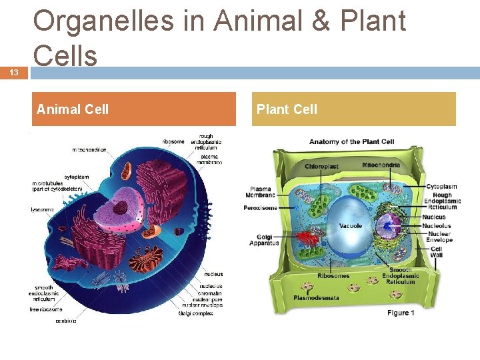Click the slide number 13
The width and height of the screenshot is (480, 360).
click(14, 73)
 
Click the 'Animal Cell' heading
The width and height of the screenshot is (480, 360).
click(73, 109)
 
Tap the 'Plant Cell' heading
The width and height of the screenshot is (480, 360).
click(287, 109)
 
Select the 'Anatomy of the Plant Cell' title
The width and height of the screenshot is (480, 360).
click(351, 141)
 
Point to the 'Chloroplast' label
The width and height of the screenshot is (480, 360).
click(321, 166)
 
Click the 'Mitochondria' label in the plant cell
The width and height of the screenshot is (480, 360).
click(381, 165)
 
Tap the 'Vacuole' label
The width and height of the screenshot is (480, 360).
click(351, 226)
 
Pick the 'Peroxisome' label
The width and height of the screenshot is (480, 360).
click(261, 208)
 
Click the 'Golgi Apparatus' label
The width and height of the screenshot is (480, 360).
click(264, 240)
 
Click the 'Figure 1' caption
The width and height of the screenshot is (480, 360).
click(401, 313)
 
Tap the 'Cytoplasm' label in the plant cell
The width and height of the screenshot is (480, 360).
click(441, 187)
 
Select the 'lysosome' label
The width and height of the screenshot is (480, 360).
click(42, 209)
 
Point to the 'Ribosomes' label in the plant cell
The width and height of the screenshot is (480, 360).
click(333, 276)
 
